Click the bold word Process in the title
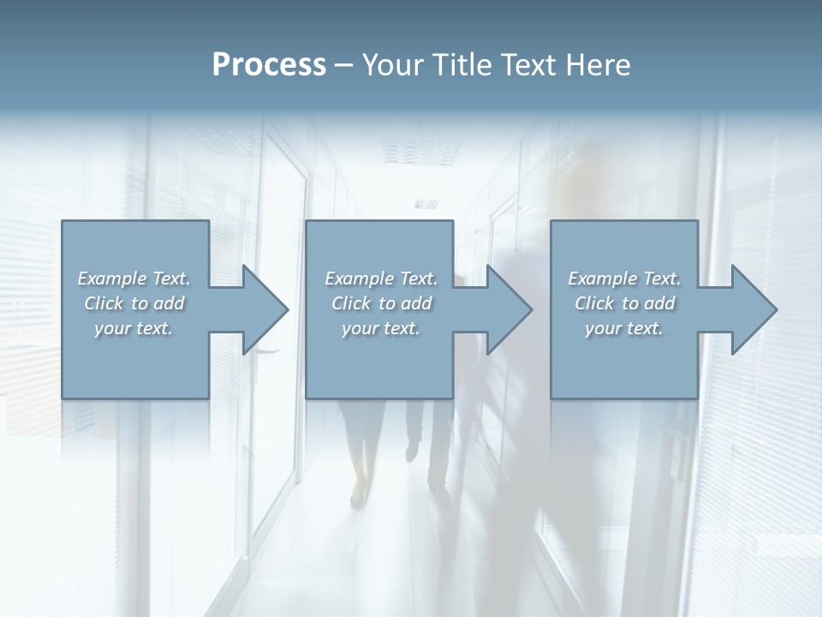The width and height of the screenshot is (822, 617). [269, 65]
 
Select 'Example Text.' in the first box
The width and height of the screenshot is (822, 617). [134, 279]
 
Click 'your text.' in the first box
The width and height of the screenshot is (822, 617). [134, 328]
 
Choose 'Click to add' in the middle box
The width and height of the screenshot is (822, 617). [381, 303]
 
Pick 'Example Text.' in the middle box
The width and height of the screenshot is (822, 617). [381, 279]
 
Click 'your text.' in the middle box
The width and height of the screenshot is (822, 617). [381, 328]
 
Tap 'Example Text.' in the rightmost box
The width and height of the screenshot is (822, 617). [624, 279]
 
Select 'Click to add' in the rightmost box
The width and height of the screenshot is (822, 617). [624, 303]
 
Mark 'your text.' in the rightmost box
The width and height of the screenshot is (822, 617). [624, 328]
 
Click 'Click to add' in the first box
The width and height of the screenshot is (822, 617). [134, 303]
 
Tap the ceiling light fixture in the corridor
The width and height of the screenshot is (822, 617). [426, 204]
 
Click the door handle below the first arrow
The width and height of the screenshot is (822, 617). [267, 350]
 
